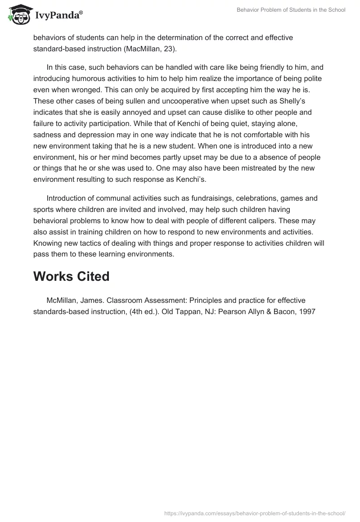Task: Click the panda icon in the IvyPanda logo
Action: click(x=19, y=15)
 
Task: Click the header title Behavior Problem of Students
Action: click(x=291, y=10)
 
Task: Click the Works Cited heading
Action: click(x=71, y=276)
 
